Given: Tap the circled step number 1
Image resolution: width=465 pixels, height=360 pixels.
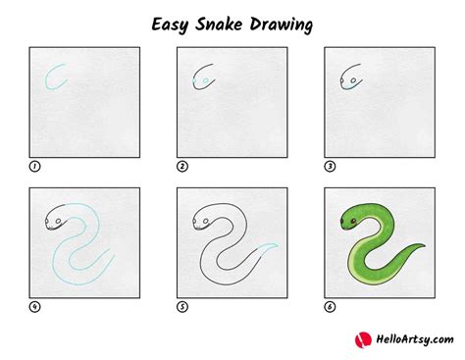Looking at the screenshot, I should [34, 166].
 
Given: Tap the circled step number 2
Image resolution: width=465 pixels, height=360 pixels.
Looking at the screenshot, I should [181, 166].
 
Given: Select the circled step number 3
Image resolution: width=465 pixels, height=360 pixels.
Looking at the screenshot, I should [329, 166].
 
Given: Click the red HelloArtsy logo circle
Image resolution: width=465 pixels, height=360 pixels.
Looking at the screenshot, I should [360, 338].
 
